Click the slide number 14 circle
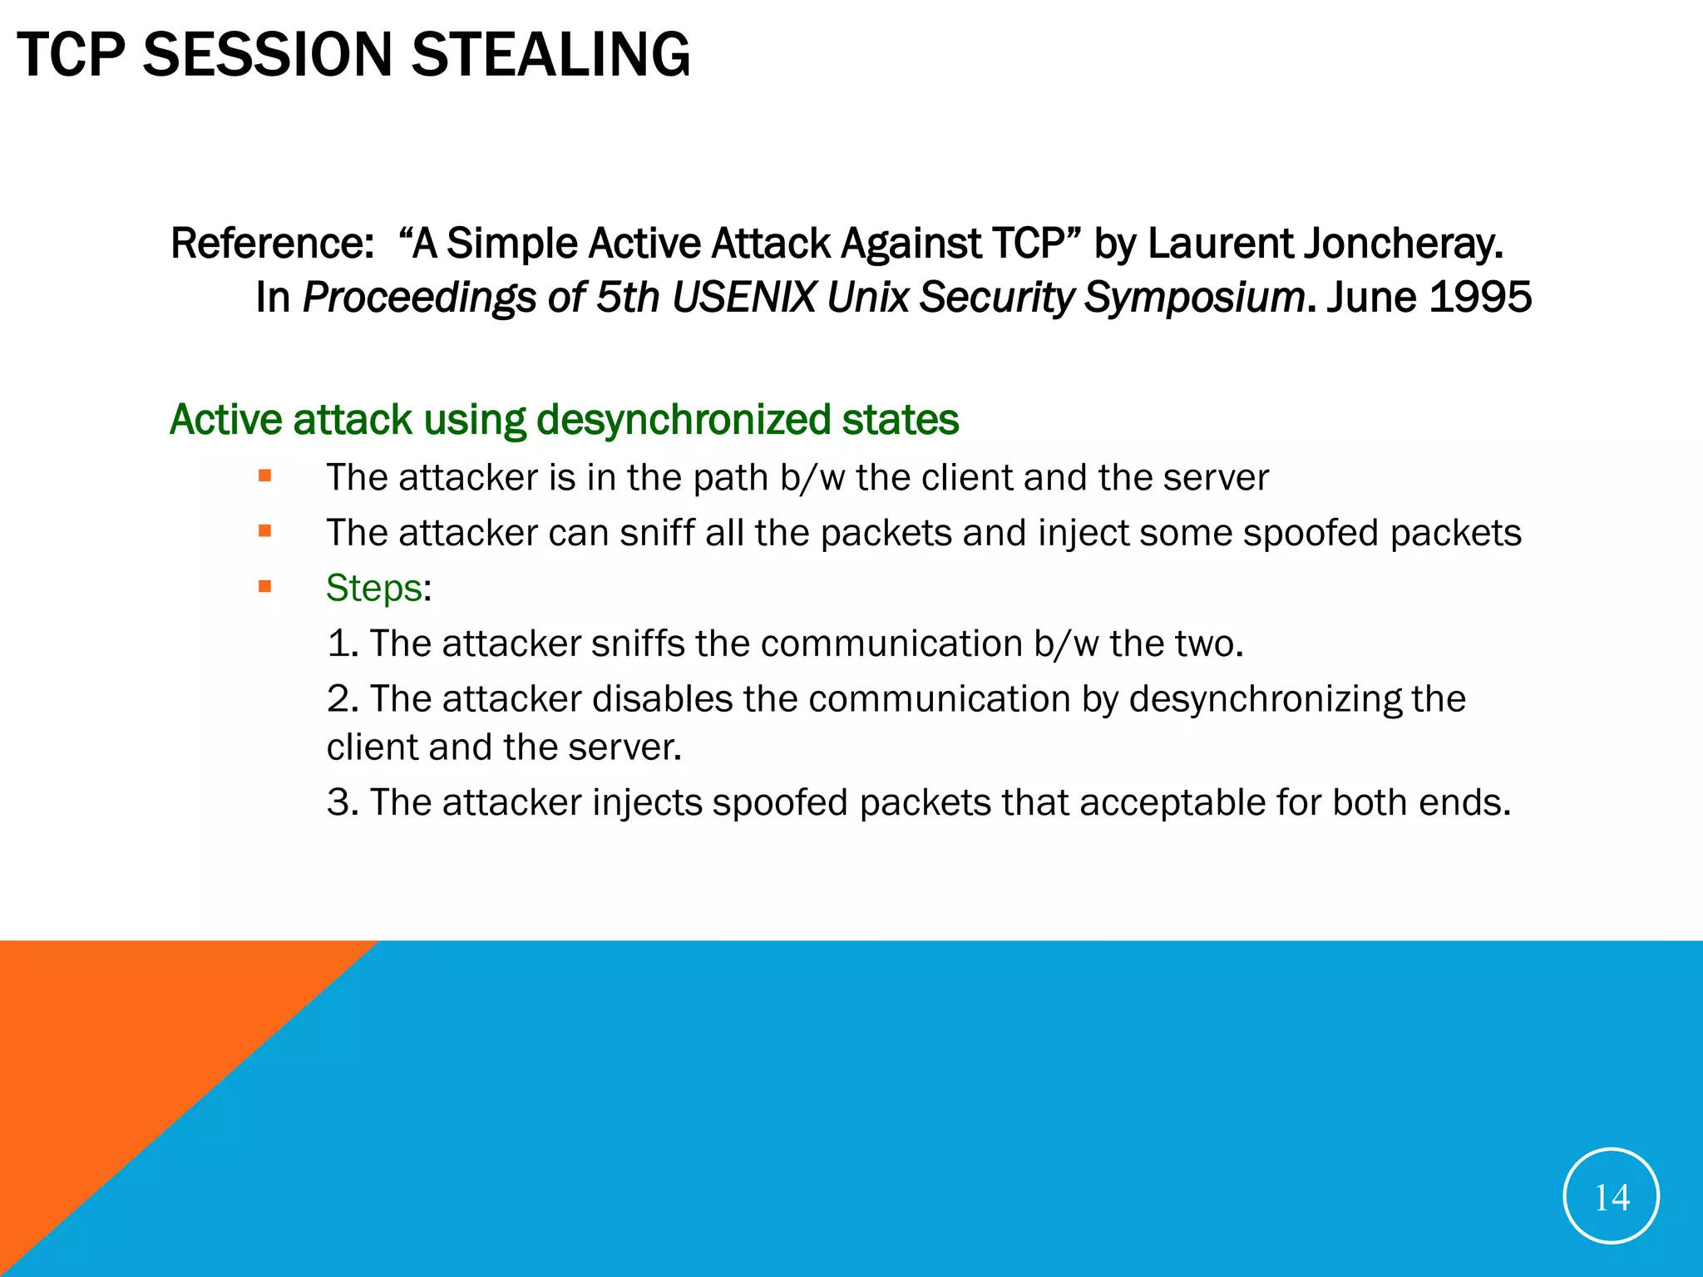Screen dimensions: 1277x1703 coord(1611,1196)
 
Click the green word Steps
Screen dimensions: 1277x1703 coord(373,588)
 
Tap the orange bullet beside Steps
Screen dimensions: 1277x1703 coord(265,587)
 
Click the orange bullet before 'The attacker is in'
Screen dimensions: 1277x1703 coord(265,476)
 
